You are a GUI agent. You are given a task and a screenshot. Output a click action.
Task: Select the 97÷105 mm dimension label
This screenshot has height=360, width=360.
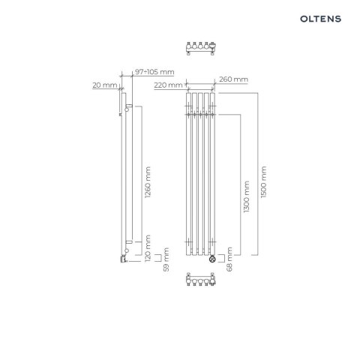154,72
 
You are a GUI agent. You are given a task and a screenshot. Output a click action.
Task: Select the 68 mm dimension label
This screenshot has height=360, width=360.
229,257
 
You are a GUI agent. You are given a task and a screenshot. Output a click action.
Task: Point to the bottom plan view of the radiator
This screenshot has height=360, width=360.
199,285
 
